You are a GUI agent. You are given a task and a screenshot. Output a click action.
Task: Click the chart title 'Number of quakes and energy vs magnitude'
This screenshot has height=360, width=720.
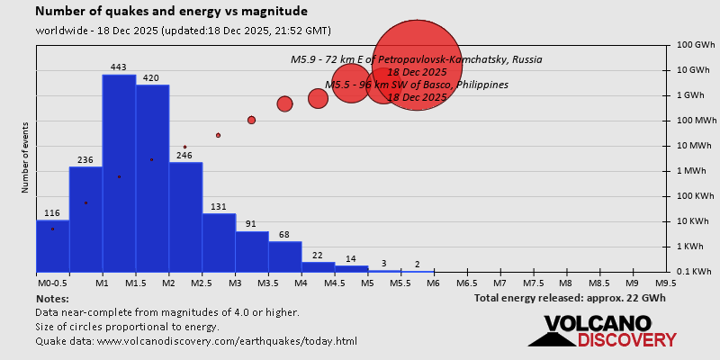coord(171,12)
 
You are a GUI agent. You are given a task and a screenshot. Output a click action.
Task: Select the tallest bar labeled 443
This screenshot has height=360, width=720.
coord(119,171)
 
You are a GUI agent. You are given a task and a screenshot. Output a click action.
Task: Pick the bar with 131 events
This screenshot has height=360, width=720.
coord(219,242)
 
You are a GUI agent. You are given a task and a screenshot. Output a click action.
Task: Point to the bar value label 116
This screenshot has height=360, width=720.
coord(52,213)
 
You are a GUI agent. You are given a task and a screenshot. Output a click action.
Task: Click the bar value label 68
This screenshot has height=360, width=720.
coord(285,236)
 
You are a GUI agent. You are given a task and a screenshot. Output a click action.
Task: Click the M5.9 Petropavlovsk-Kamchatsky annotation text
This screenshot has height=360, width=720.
coord(416,59)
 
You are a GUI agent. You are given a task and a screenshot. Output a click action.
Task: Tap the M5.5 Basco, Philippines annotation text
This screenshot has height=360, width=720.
coord(416,85)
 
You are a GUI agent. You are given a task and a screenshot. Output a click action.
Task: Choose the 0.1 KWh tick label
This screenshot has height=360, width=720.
coord(694,272)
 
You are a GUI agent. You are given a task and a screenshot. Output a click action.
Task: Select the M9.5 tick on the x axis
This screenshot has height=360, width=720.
coord(666,283)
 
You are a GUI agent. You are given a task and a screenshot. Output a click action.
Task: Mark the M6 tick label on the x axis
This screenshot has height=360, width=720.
coord(433,283)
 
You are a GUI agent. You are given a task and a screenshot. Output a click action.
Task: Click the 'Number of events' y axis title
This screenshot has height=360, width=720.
coord(24,160)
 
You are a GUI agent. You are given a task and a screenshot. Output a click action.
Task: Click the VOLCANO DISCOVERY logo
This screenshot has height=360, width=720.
coord(602,331)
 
